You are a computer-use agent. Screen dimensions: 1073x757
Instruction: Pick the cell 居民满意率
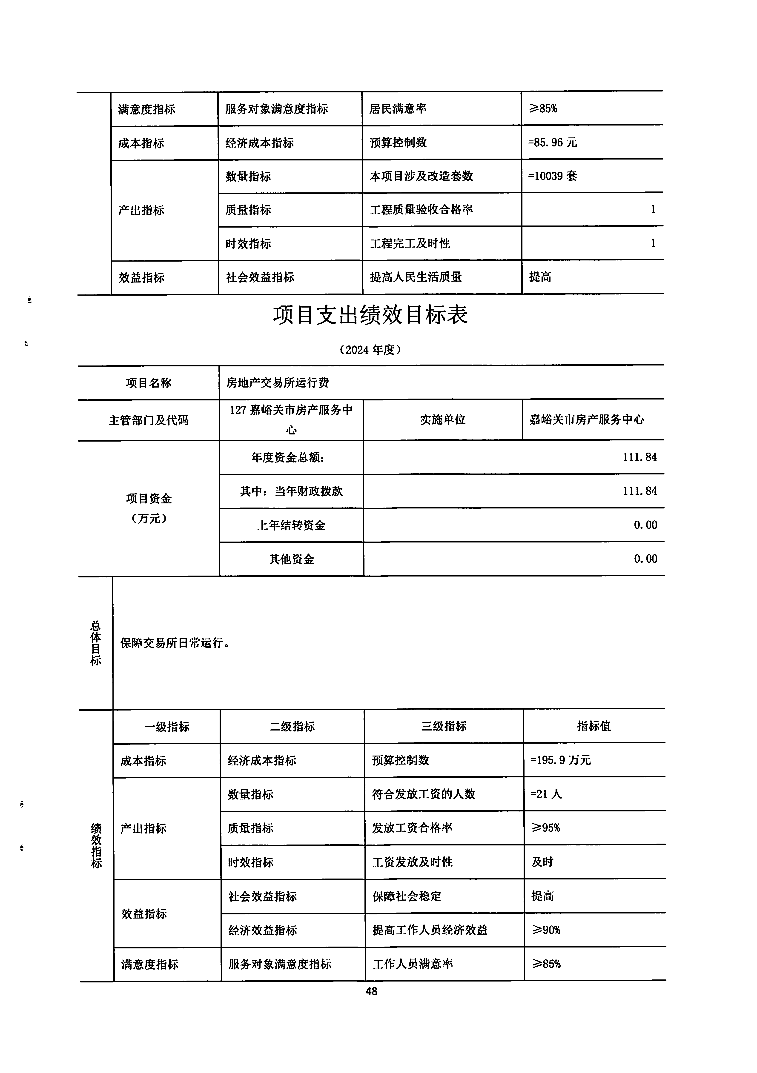398,109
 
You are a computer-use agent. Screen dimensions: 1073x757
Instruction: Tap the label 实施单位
442,420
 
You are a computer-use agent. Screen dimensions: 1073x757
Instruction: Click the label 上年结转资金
291,525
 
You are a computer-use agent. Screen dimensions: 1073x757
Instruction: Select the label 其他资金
291,559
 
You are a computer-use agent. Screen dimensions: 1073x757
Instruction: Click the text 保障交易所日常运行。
174,643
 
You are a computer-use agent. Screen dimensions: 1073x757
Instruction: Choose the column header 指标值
594,726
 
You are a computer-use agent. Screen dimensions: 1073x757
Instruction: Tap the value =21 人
546,794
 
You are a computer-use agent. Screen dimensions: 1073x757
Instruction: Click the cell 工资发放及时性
412,862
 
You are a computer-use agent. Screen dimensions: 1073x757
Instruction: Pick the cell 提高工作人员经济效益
430,930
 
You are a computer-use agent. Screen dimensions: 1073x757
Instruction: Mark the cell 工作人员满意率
412,964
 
